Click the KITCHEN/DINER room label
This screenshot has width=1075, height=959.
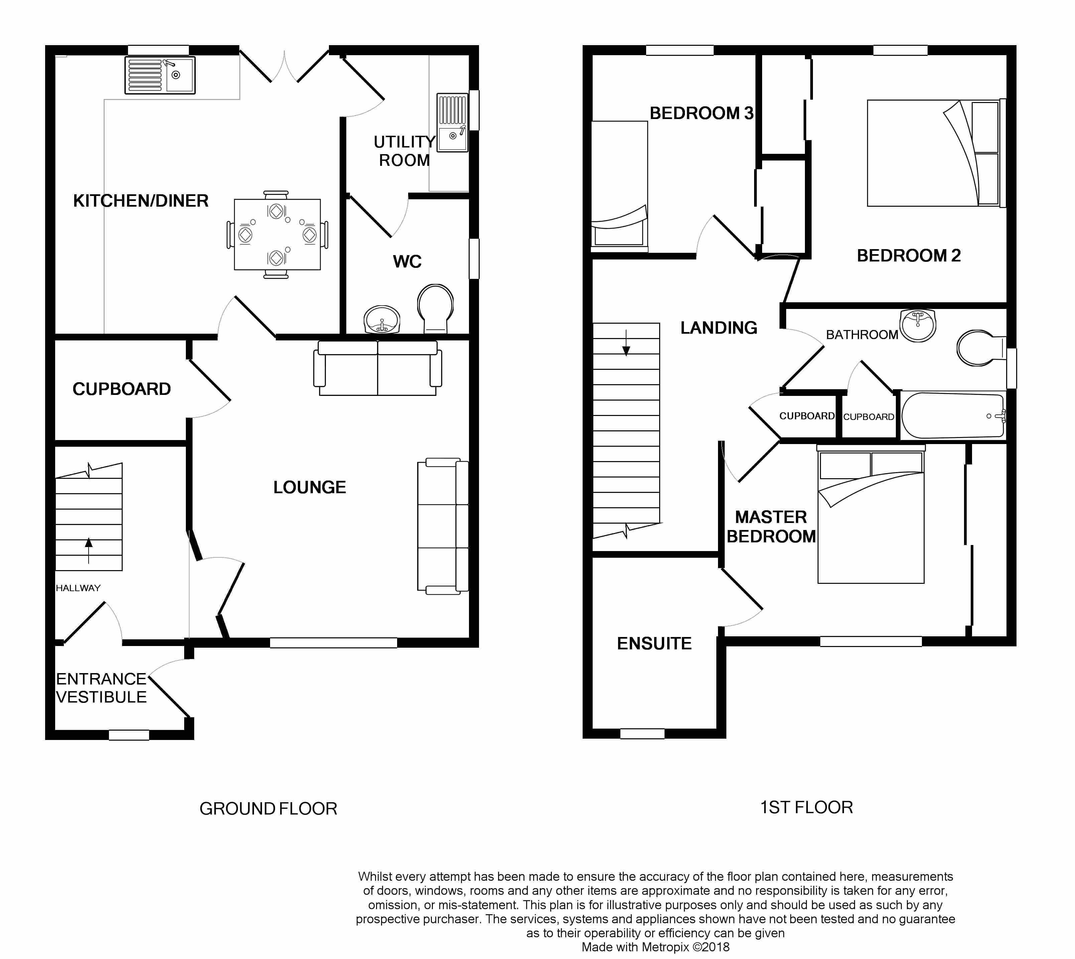click(x=141, y=201)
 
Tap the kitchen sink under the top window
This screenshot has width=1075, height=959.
click(x=159, y=75)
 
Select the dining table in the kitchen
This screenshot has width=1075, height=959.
click(x=277, y=234)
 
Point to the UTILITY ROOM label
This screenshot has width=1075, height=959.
click(x=404, y=151)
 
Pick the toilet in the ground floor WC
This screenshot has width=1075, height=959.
click(x=436, y=309)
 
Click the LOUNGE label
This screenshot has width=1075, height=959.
click(x=310, y=488)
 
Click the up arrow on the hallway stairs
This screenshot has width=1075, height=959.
click(x=89, y=551)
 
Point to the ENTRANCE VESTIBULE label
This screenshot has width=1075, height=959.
click(x=101, y=687)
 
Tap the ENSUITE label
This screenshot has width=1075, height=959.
click(x=654, y=643)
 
